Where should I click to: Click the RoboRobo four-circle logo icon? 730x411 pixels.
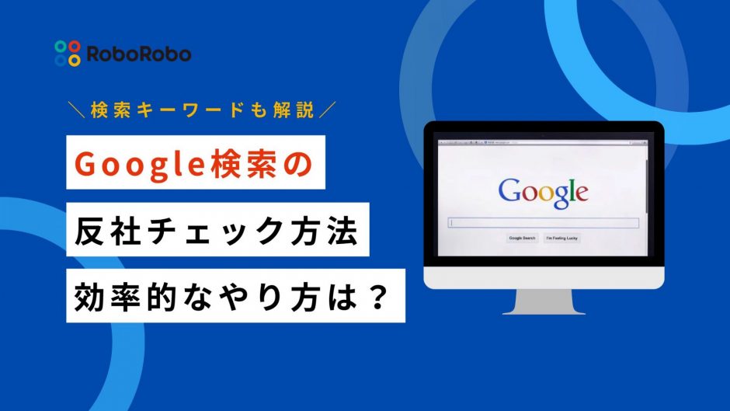(x=68, y=53)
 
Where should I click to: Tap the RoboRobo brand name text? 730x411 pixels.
(x=137, y=54)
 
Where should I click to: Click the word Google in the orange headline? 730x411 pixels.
(x=133, y=166)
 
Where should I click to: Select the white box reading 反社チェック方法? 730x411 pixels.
(x=218, y=233)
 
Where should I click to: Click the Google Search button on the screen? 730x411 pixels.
(x=522, y=238)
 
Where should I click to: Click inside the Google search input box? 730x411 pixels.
(x=544, y=223)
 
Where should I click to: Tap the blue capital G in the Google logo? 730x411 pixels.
(x=509, y=191)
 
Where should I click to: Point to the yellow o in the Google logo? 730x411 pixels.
(x=541, y=193)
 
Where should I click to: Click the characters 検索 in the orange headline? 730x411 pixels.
(x=233, y=166)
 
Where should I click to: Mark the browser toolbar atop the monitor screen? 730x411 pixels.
(x=543, y=144)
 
